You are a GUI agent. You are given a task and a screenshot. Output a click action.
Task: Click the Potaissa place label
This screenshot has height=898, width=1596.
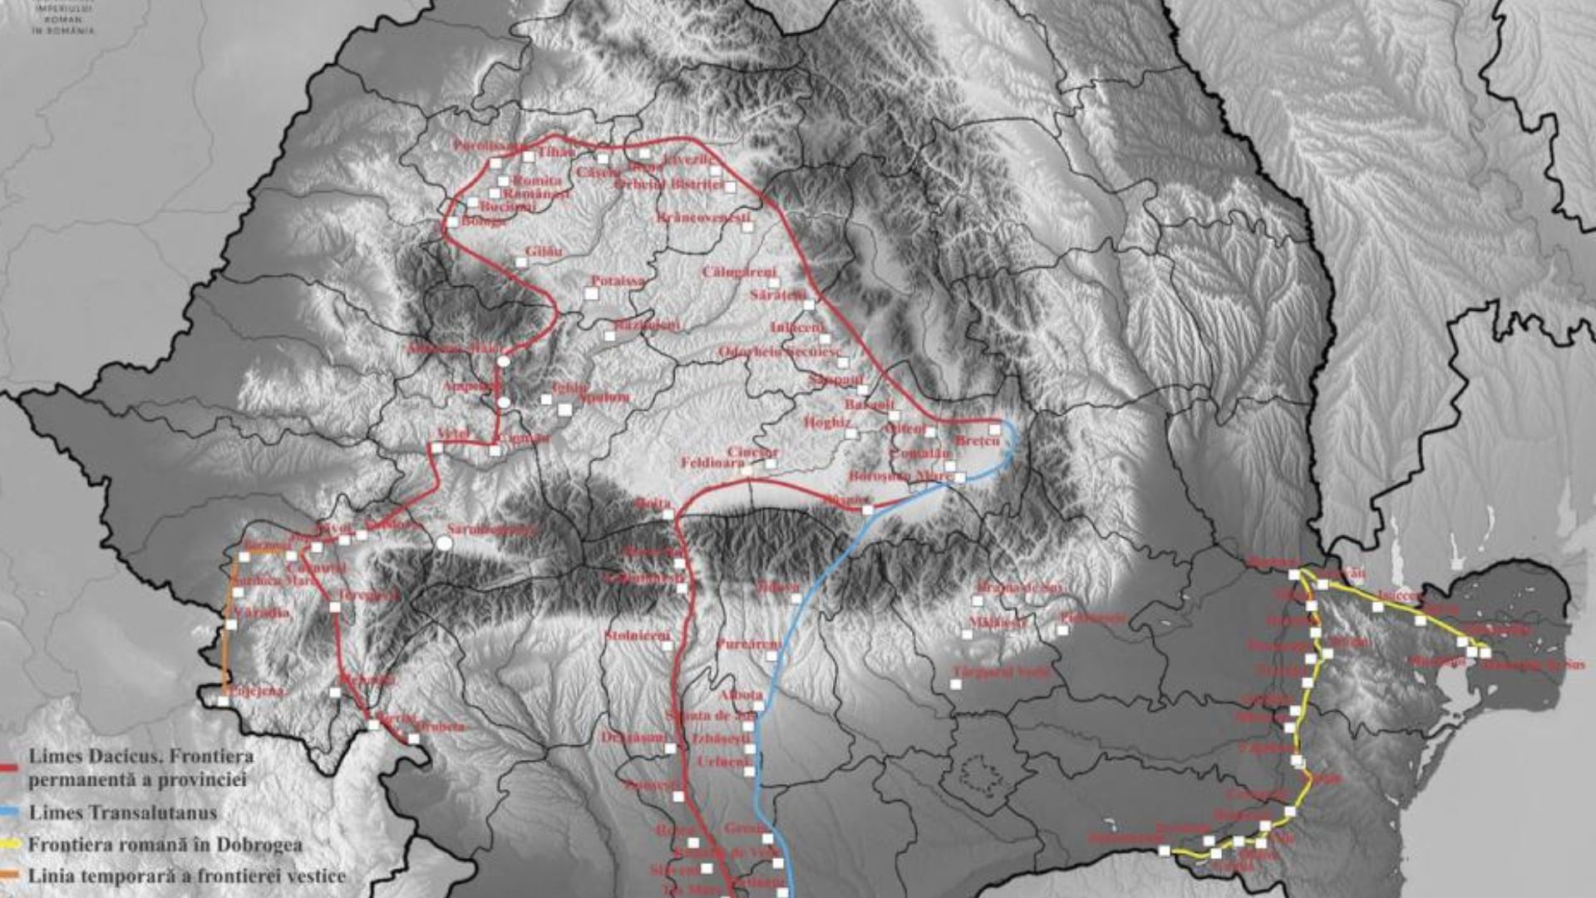(x=618, y=281)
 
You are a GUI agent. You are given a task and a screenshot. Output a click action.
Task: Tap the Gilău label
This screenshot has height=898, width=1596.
(x=544, y=251)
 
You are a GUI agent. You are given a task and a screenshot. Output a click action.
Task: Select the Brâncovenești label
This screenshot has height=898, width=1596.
(x=702, y=218)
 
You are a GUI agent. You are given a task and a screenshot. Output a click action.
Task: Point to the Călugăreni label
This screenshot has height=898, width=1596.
(x=739, y=272)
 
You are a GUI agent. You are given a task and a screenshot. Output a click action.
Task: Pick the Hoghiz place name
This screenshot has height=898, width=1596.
(x=828, y=422)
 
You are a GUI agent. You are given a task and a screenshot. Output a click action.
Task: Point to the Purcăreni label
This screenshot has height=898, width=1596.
(x=749, y=644)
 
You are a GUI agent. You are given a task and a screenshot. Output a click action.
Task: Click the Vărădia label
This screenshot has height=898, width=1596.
(x=261, y=613)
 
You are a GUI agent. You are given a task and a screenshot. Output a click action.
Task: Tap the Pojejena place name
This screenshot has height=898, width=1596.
(x=254, y=690)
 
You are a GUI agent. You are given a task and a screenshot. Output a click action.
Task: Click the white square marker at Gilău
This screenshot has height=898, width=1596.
(x=521, y=263)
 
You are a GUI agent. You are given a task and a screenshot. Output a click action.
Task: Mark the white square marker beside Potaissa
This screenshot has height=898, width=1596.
(x=591, y=294)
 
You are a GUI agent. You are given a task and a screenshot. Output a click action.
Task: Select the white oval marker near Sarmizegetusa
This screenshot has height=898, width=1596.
(x=445, y=543)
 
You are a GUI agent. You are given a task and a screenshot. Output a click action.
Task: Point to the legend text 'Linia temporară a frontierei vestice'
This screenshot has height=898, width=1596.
(x=187, y=876)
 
